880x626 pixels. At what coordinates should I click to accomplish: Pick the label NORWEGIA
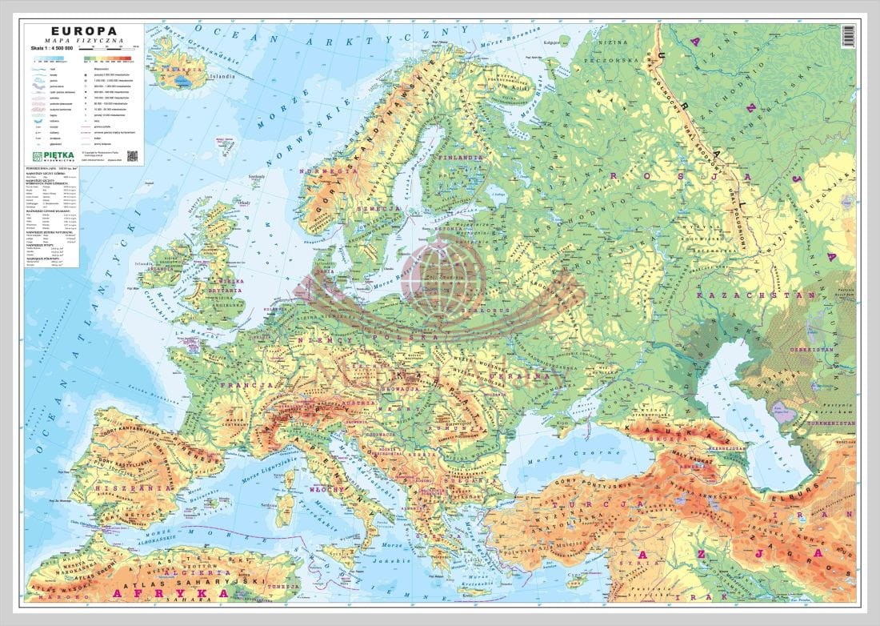pyautogui.click(x=334, y=171)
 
